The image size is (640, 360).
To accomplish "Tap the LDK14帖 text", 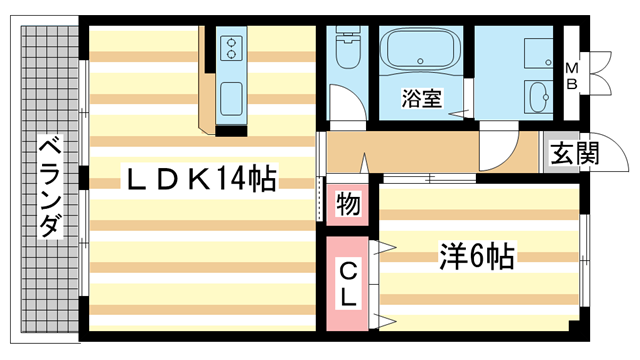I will click(x=199, y=179).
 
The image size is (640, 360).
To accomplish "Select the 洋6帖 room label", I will click(x=475, y=257).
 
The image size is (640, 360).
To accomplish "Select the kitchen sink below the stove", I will click(x=232, y=97).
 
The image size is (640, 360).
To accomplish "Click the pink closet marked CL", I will click(x=347, y=285).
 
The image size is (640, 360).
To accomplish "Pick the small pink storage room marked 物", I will click(x=347, y=205).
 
